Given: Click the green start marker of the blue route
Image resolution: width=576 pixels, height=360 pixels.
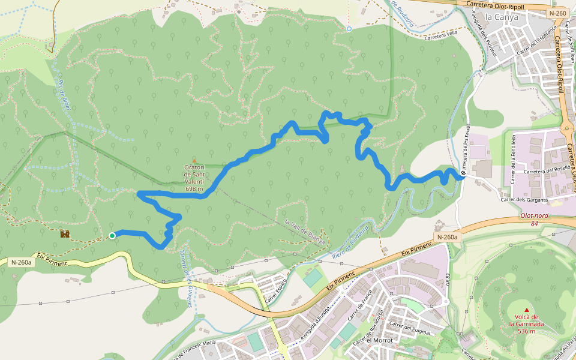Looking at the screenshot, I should point(112,236).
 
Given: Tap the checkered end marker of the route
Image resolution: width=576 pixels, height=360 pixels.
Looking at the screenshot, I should point(463,175).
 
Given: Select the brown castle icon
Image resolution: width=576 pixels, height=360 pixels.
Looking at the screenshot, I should point(65,233).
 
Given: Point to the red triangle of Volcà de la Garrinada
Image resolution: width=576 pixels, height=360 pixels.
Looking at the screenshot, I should point(527,310).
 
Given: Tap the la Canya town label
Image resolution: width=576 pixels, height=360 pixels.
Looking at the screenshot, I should point(501,17).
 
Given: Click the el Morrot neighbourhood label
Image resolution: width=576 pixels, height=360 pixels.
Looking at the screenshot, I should point(379,340).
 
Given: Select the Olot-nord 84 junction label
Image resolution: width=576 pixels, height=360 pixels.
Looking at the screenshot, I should point(533,220).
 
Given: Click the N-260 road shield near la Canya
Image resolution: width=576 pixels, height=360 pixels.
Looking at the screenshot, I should point(557,13).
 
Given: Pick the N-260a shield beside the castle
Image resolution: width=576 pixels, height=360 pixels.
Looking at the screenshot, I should point(22,262).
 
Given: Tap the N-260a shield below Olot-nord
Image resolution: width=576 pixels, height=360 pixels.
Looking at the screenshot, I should point(447,238).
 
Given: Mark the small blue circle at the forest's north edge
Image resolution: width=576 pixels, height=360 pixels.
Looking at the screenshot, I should point(349,28).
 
